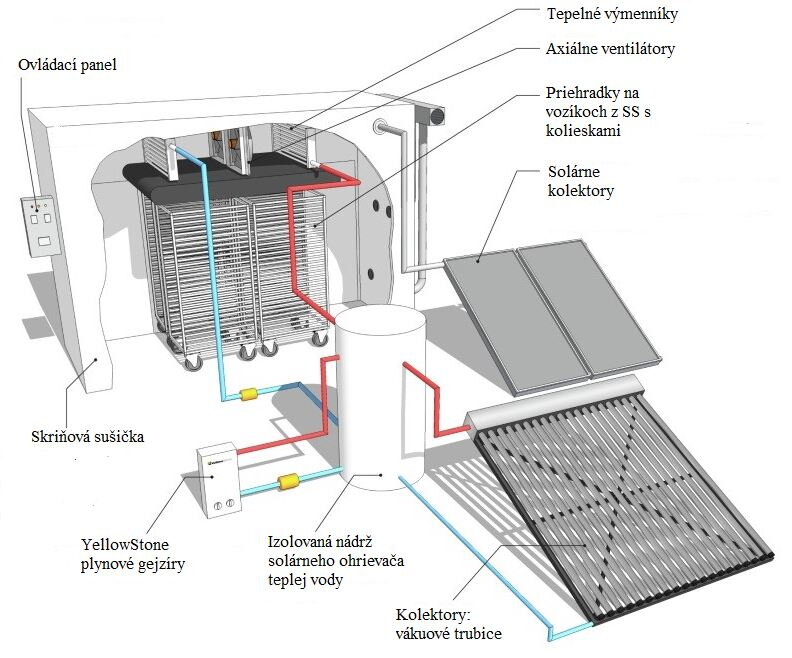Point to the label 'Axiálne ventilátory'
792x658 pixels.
[x=609, y=48]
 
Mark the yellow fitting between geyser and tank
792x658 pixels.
[x=290, y=483]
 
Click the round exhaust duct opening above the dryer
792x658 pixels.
[x=437, y=116]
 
